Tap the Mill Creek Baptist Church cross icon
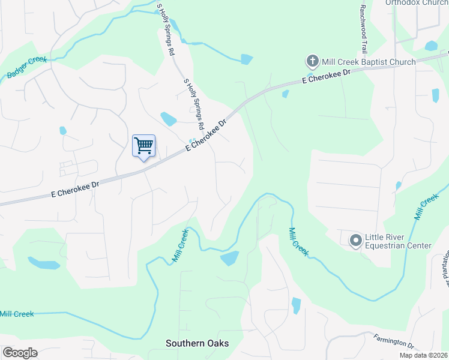(x=312, y=61)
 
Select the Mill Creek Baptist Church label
(x=369, y=62)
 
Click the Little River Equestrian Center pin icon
(x=355, y=241)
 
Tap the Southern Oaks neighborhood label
(x=197, y=343)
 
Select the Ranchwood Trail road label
(x=363, y=27)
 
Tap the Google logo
(x=20, y=353)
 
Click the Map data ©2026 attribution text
(x=423, y=355)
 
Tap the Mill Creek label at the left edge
(x=17, y=314)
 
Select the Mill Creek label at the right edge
(x=426, y=207)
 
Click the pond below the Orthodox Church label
(x=431, y=46)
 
